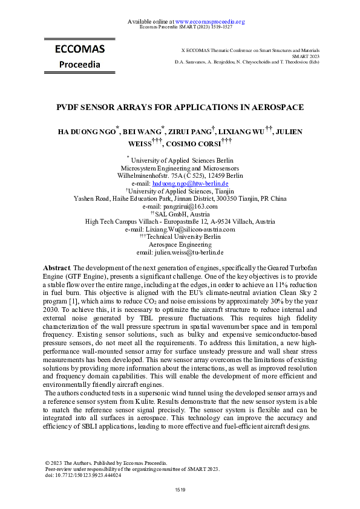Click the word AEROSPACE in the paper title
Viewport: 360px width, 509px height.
pyautogui.click(x=258, y=108)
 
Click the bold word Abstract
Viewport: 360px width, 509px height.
pyautogui.click(x=56, y=267)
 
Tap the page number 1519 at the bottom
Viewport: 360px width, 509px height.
pyautogui.click(x=180, y=489)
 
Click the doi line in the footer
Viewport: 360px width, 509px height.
pyautogui.click(x=83, y=475)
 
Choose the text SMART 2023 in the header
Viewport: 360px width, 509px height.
pyautogui.click(x=306, y=56)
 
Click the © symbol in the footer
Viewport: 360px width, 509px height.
pyautogui.click(x=48, y=462)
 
